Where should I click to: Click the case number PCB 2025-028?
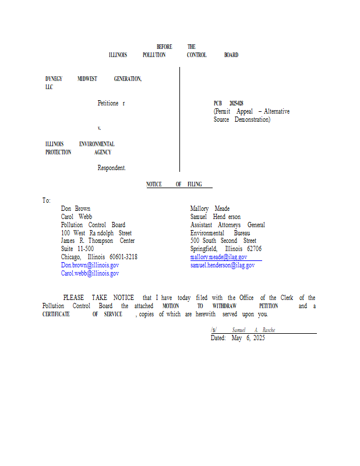pyautogui.click(x=228, y=103)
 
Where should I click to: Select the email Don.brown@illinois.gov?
pyautogui.click(x=90, y=265)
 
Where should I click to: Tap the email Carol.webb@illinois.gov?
pyautogui.click(x=90, y=273)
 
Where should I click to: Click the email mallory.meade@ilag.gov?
pyautogui.click(x=218, y=257)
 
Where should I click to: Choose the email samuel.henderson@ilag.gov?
pyautogui.click(x=222, y=265)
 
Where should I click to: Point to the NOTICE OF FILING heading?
pyautogui.click(x=174, y=184)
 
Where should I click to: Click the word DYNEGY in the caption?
pyautogui.click(x=54, y=79)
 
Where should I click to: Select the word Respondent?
pyautogui.click(x=111, y=168)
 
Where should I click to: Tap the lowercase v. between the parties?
pyautogui.click(x=100, y=128)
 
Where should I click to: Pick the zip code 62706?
pyautogui.click(x=254, y=249)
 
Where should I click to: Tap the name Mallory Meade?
pyautogui.click(x=210, y=208)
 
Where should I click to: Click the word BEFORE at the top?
pyautogui.click(x=164, y=47)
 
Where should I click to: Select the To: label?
pyautogui.click(x=47, y=200)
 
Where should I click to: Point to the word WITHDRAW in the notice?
pyautogui.click(x=225, y=306)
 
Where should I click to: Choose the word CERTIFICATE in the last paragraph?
pyautogui.click(x=56, y=314)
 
